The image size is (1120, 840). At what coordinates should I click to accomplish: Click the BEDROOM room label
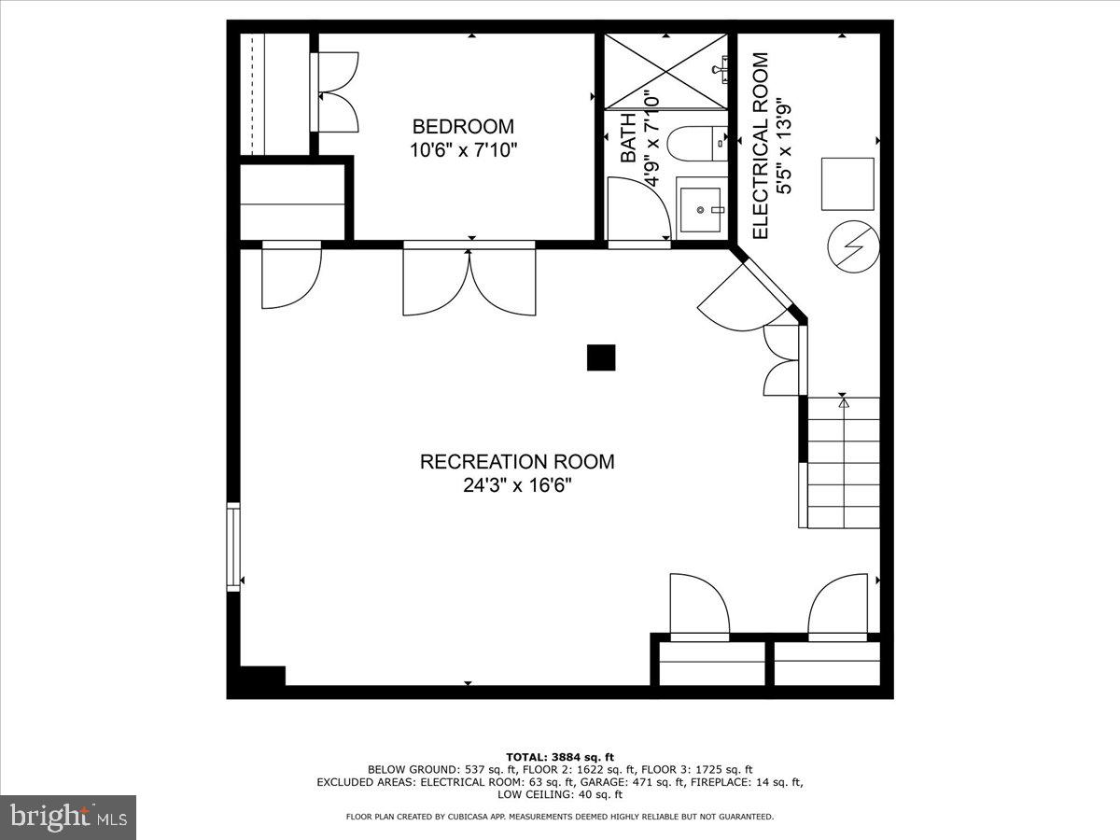point(463,127)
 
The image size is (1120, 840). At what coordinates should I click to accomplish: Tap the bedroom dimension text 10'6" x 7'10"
point(463,149)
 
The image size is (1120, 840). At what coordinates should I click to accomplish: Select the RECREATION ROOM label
point(517,461)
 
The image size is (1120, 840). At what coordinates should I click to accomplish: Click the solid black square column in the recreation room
point(601,357)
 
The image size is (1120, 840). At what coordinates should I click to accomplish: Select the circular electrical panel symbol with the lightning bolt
point(853,245)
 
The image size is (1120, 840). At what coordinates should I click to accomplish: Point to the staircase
point(843,463)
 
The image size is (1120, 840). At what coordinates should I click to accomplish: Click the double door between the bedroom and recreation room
point(469,280)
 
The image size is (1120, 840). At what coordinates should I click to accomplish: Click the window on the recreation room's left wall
point(233,546)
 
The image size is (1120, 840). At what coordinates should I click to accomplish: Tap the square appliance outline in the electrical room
point(847,184)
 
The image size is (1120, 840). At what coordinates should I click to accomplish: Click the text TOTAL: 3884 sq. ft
point(560,757)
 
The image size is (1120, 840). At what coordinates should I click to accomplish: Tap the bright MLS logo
point(68,818)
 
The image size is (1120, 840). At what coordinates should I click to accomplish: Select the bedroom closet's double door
point(335,91)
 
